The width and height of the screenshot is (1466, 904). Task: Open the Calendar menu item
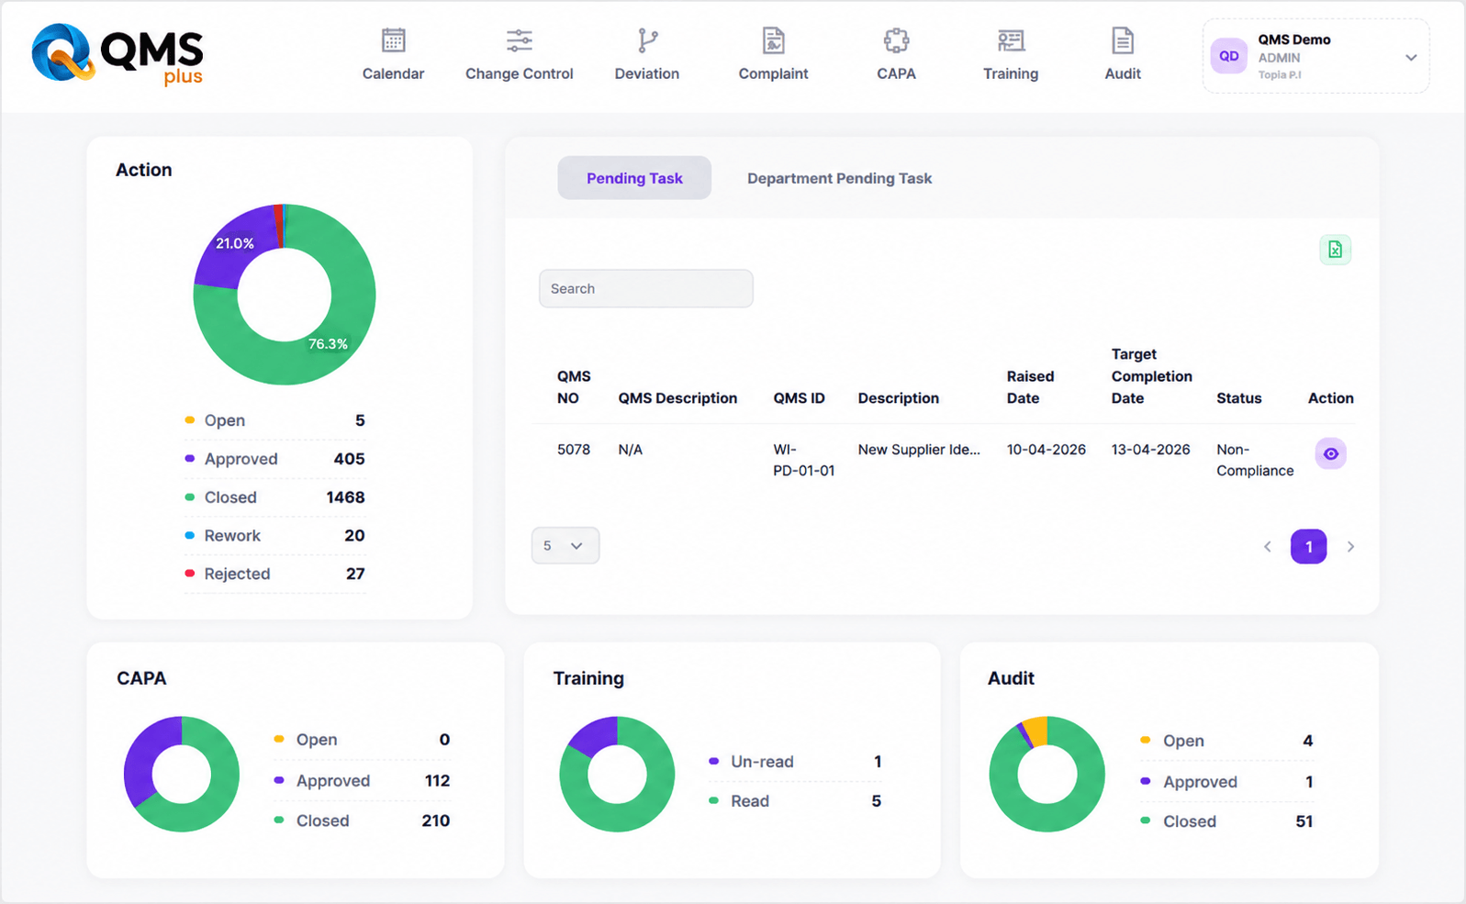[x=393, y=54]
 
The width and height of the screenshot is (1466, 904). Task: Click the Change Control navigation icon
[x=519, y=40]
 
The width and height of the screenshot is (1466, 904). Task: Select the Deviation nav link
[x=646, y=54]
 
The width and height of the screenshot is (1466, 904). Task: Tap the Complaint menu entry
[x=773, y=54]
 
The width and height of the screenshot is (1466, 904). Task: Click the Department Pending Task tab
[x=839, y=178]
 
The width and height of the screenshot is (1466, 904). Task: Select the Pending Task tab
[x=634, y=178]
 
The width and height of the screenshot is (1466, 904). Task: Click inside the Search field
[x=646, y=288]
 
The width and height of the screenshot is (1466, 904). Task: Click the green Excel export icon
[x=1335, y=250]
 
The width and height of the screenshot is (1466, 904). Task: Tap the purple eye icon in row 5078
[x=1330, y=453]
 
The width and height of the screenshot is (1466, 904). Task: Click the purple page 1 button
[x=1308, y=546]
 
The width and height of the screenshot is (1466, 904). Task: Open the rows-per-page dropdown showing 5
[x=565, y=545]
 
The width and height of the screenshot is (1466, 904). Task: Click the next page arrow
[x=1351, y=546]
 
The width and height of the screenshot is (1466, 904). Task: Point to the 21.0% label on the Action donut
[x=234, y=243]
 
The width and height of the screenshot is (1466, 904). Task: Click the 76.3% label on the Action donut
[x=328, y=344]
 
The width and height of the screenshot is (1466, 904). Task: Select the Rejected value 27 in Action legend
[x=355, y=574]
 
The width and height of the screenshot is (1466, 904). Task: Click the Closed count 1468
[x=345, y=497]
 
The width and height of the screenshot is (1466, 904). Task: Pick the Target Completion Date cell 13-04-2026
[x=1150, y=450]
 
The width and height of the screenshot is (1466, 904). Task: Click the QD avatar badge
[x=1228, y=56]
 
